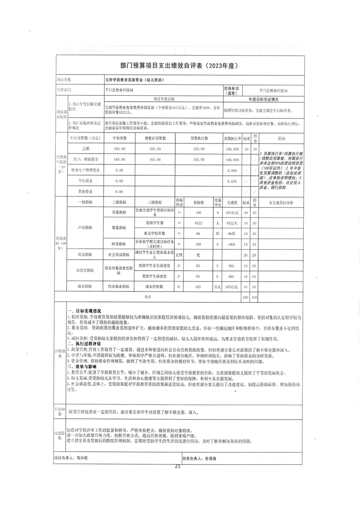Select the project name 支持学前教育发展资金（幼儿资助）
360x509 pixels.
tap(134, 79)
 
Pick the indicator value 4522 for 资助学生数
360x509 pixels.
tap(198, 223)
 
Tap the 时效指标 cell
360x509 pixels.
tap(119, 244)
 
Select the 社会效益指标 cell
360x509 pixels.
tap(119, 255)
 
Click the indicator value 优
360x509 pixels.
tap(198, 255)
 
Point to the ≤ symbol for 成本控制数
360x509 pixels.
tap(179, 287)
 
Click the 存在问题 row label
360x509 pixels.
tap(60, 413)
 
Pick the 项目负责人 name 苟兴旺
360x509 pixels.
tap(82, 458)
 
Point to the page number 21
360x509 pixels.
tap(178, 466)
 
